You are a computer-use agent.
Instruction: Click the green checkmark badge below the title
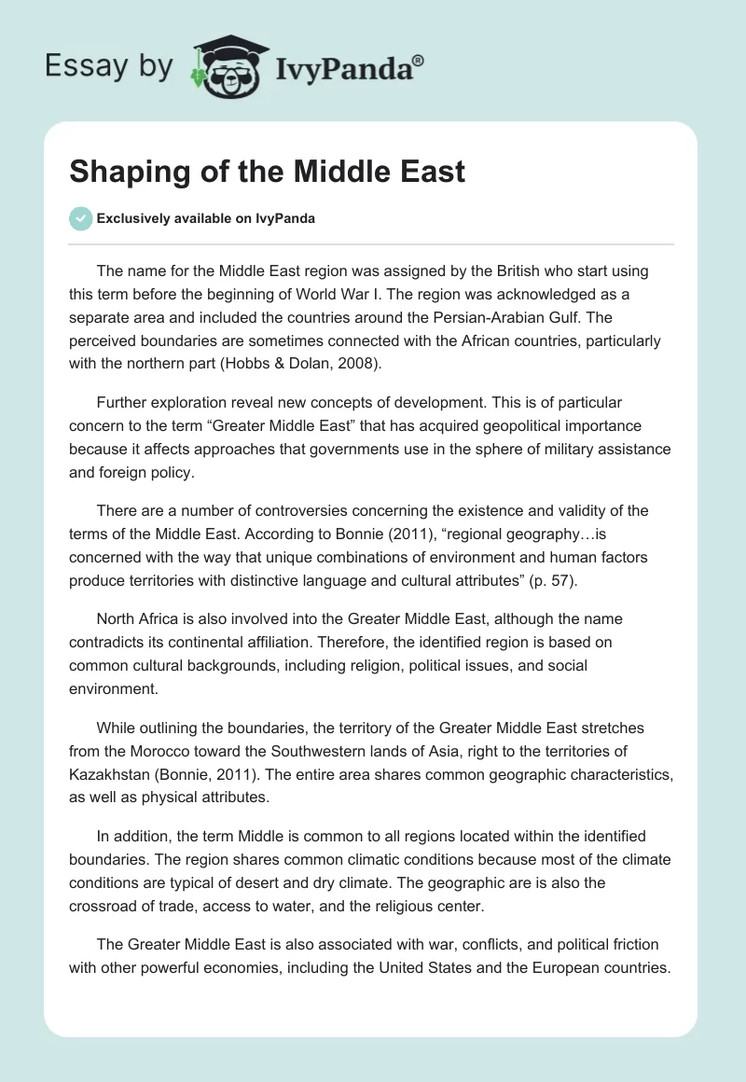coord(80,218)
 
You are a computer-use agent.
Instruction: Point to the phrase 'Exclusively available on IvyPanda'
coord(206,218)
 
